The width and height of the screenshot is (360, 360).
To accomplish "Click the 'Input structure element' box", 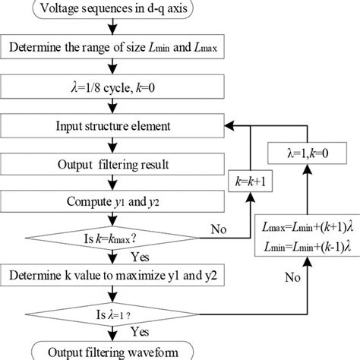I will (x=112, y=125).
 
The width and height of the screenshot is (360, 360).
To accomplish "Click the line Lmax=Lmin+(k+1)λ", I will (x=308, y=229).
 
